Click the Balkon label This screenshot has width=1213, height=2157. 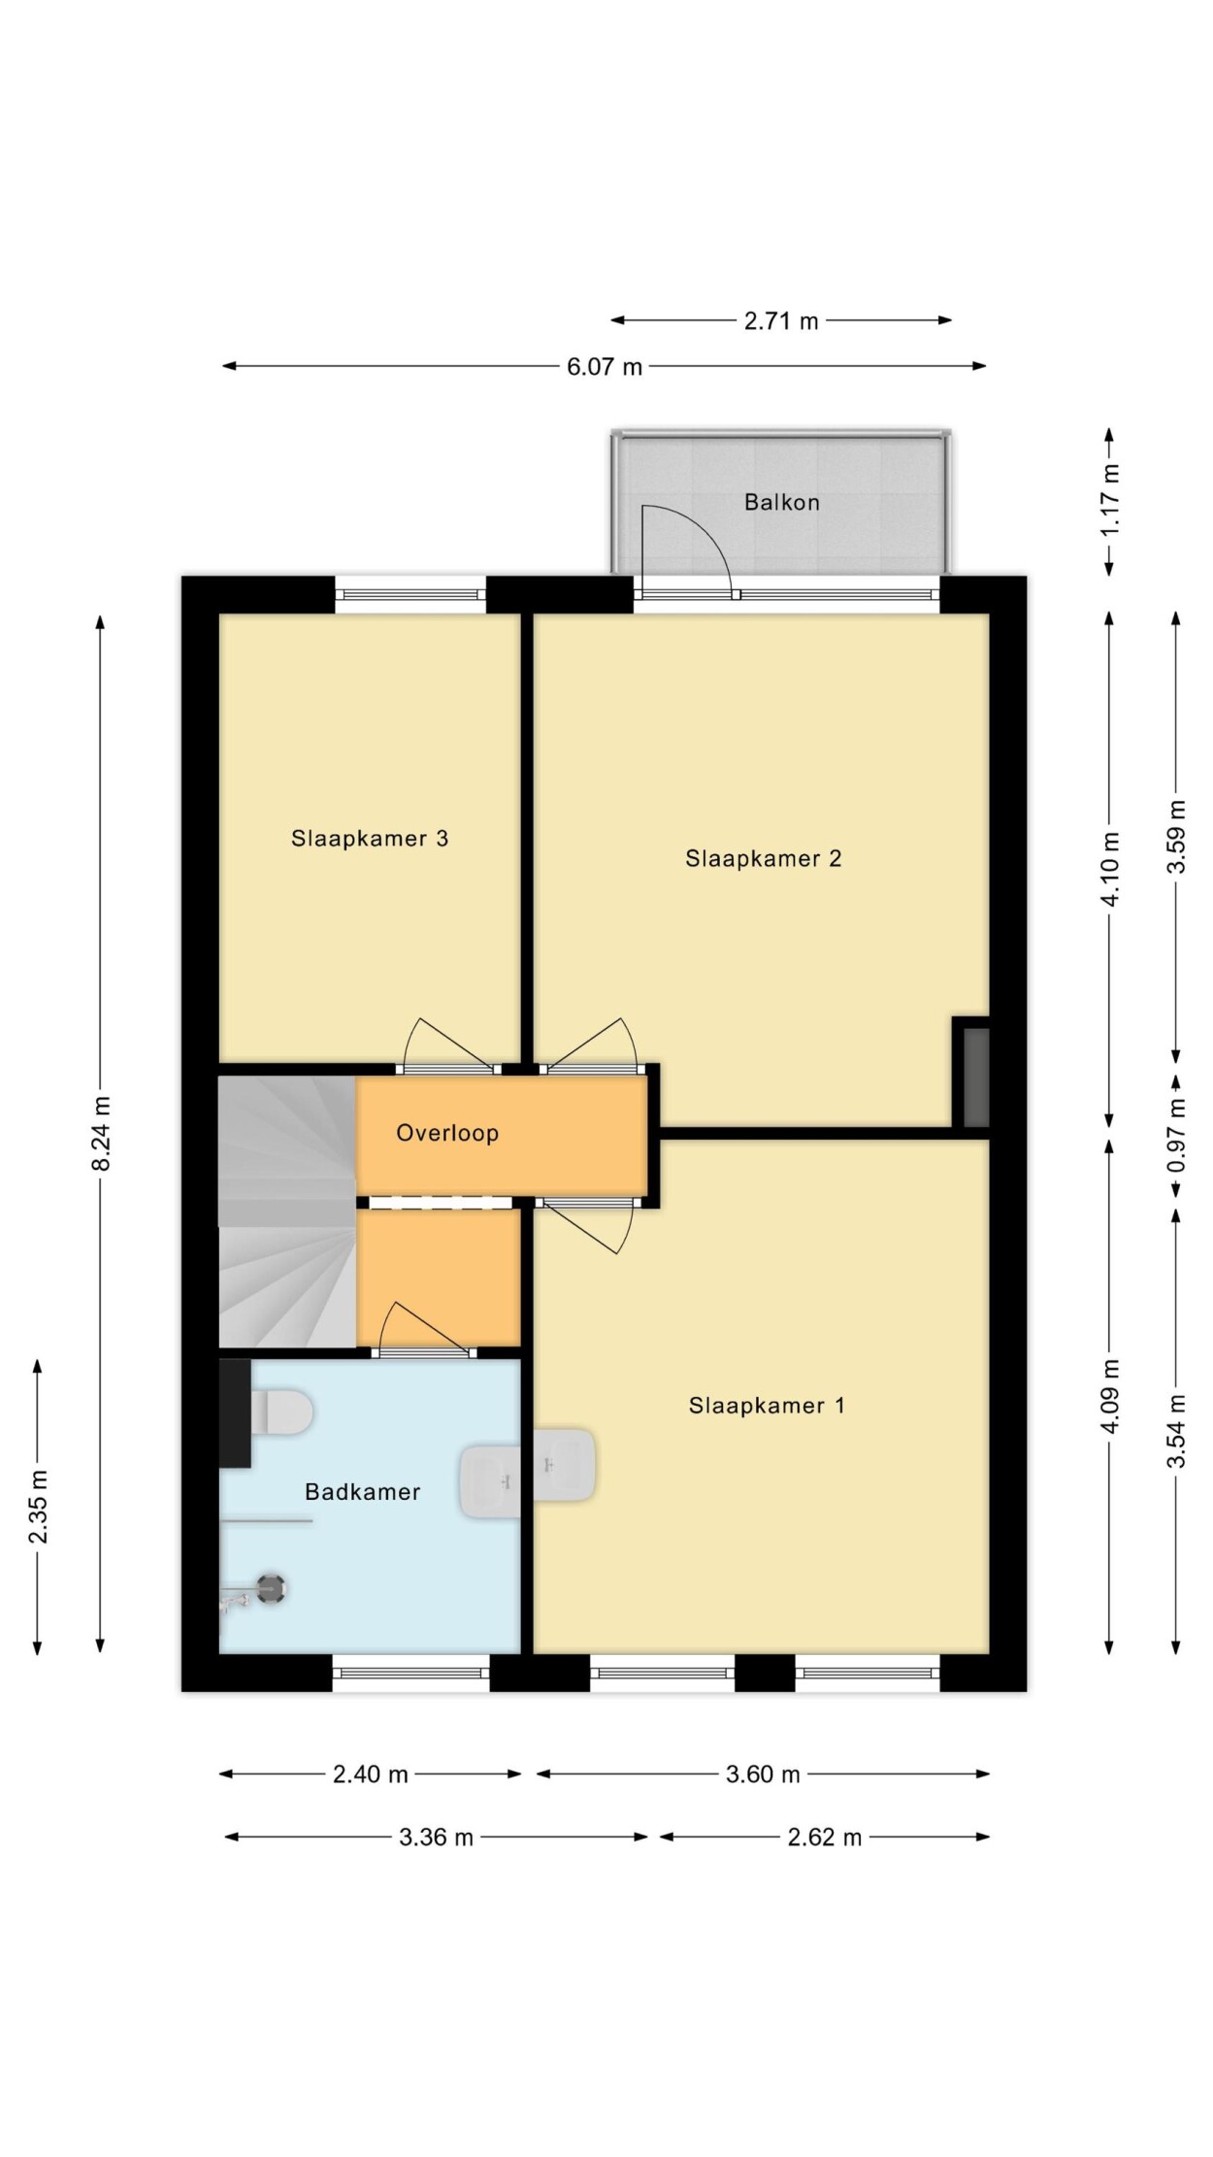(781, 502)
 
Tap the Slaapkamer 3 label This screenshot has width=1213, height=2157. (370, 838)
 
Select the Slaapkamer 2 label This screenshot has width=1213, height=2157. (763, 858)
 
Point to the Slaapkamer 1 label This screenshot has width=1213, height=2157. (767, 1405)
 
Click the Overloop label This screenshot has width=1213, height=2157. (447, 1132)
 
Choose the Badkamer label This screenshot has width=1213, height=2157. (362, 1491)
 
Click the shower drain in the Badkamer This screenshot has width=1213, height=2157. (271, 1589)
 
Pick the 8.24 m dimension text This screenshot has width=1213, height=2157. (101, 1132)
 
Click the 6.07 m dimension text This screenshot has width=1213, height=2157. (605, 367)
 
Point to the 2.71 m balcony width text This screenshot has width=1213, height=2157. (781, 320)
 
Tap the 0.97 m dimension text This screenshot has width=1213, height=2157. (1176, 1134)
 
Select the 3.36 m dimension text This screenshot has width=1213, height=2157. (436, 1837)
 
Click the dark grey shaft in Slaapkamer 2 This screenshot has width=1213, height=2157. (975, 1078)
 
